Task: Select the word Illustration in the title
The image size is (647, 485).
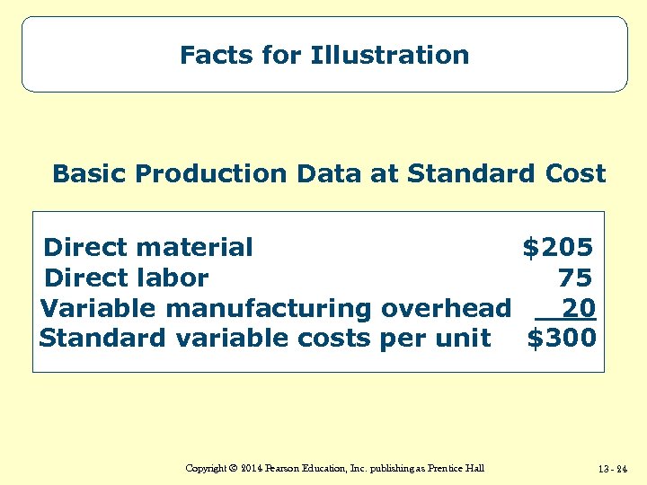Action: point(390,56)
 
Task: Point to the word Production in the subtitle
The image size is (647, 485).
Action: point(187,173)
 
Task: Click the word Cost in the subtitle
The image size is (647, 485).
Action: point(573,173)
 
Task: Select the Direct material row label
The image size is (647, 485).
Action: point(148,247)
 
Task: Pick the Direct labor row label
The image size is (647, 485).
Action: point(126,278)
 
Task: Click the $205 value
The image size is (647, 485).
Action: point(558,247)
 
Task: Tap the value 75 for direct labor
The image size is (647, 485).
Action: point(575,278)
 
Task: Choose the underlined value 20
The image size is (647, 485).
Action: point(578,309)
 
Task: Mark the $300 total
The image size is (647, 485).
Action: point(562,339)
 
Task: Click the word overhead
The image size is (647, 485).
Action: point(446,309)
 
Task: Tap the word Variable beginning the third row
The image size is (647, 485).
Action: point(99,309)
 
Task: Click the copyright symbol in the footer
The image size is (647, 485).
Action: point(229,469)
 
